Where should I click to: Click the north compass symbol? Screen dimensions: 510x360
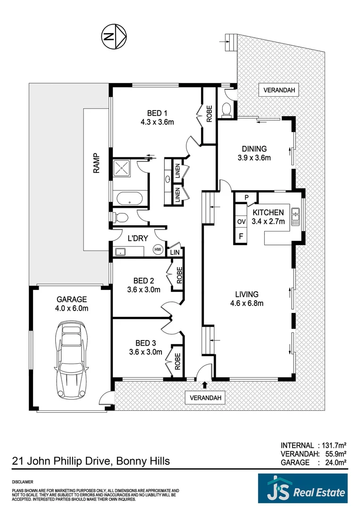click(x=113, y=36)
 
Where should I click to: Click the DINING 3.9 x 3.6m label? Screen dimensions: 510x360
click(x=254, y=153)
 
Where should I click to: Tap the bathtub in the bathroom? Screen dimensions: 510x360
click(x=129, y=198)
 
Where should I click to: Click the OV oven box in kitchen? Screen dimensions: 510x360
click(x=241, y=221)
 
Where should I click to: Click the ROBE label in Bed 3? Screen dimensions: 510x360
click(x=178, y=362)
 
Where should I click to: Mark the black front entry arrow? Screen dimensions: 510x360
click(x=204, y=386)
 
